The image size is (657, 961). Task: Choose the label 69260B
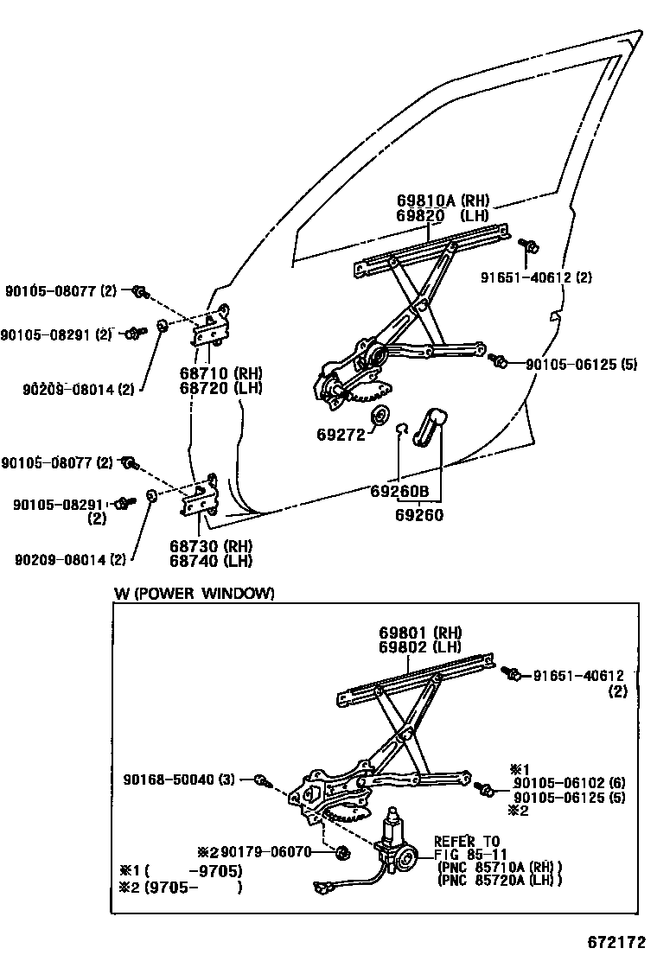[399, 492]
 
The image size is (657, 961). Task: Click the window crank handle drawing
[430, 430]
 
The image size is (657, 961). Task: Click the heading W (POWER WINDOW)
[195, 593]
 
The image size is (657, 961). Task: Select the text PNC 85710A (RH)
[499, 868]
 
